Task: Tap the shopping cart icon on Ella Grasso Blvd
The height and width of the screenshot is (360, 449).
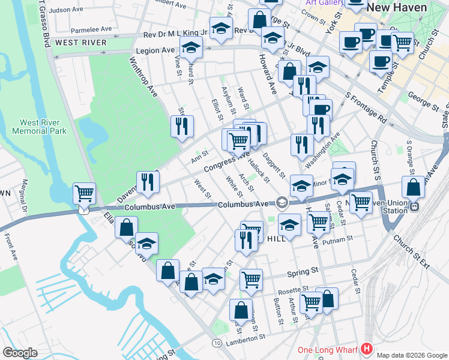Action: click(x=84, y=193)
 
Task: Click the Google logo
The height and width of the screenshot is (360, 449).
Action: click(x=20, y=353)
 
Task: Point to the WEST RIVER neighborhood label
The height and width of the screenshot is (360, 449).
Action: click(x=80, y=43)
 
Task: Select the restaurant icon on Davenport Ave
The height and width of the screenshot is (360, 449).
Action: click(x=148, y=181)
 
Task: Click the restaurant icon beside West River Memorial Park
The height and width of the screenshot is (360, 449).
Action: click(x=182, y=125)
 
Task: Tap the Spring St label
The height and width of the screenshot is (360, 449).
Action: click(x=301, y=273)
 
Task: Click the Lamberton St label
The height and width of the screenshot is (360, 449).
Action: click(x=246, y=338)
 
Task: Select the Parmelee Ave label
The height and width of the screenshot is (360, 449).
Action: click(x=91, y=29)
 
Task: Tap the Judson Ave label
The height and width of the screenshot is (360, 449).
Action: click(x=67, y=10)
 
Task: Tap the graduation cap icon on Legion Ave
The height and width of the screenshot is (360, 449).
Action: click(x=191, y=47)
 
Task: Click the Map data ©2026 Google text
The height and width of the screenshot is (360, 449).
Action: click(x=411, y=355)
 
